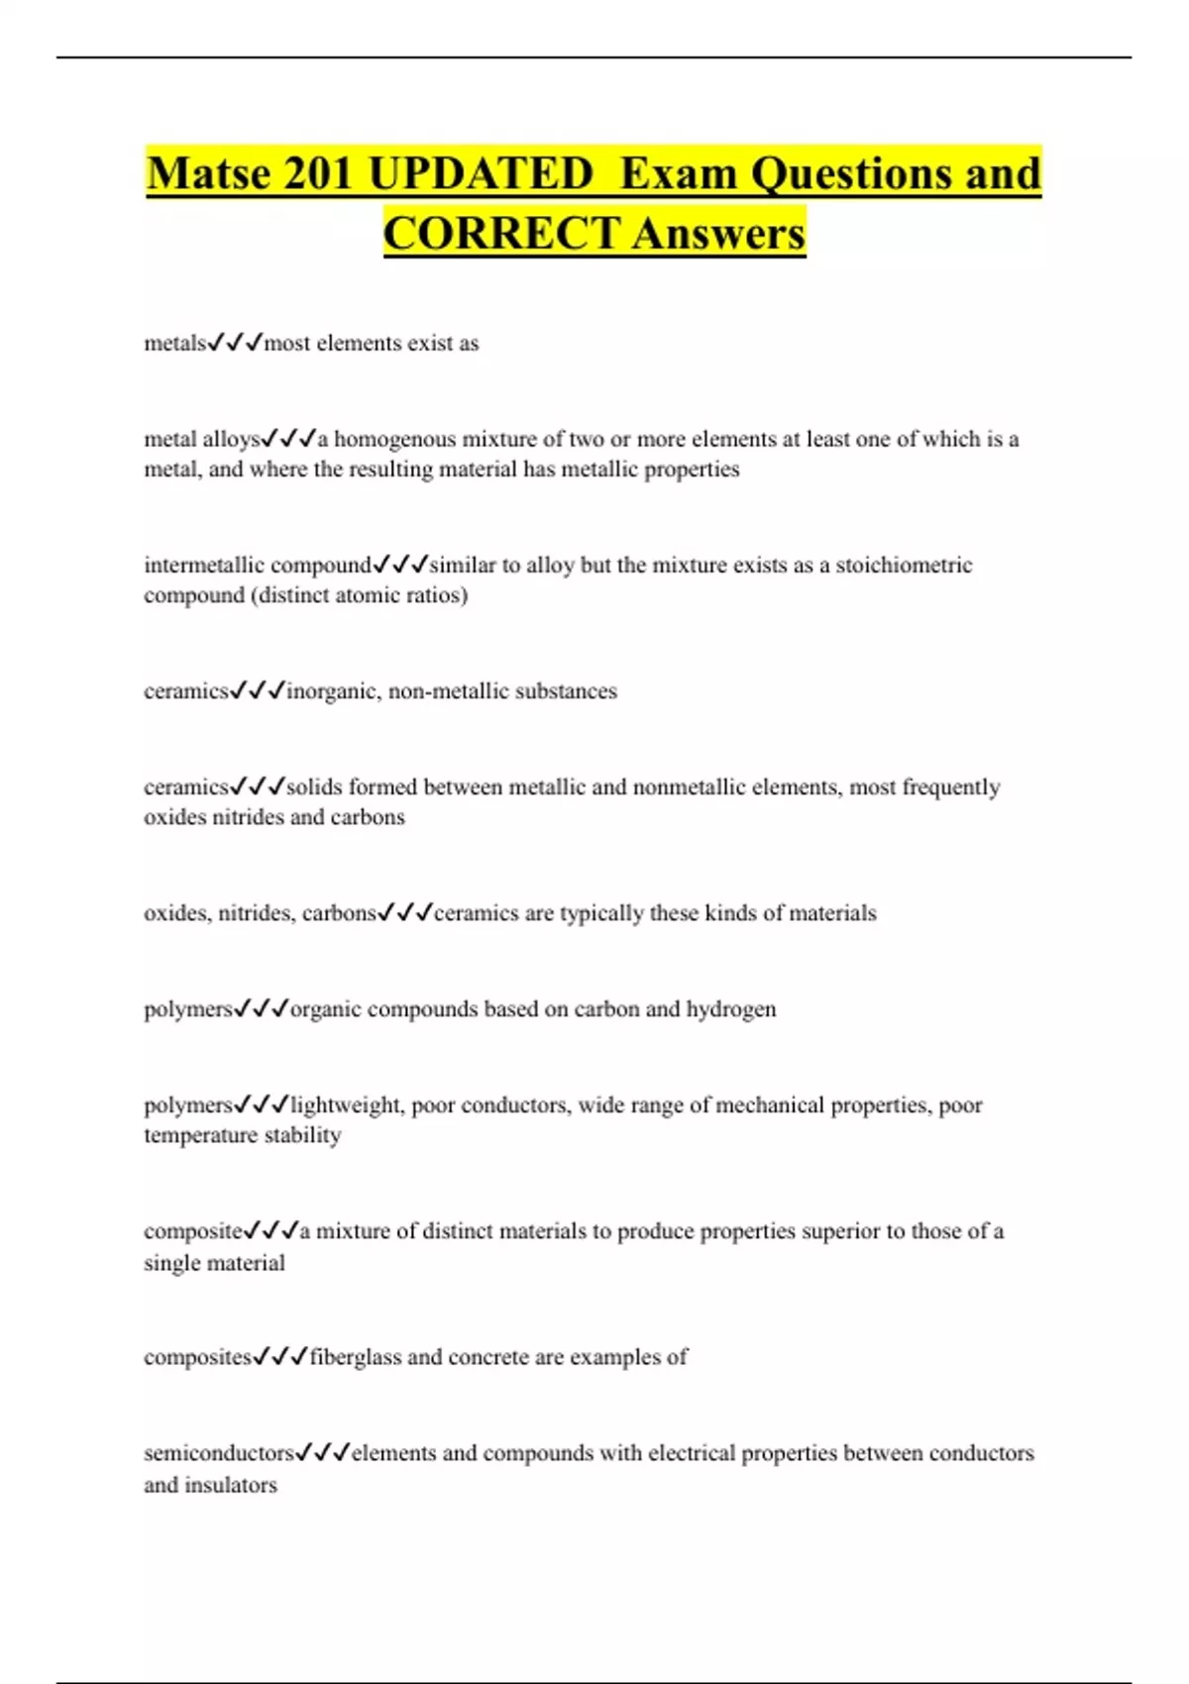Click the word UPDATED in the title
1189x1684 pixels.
[481, 173]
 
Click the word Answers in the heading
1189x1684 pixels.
[719, 234]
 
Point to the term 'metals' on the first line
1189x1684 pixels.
[174, 344]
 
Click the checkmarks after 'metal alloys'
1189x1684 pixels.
[288, 438]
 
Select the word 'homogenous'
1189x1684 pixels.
[394, 439]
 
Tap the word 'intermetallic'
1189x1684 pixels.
[204, 566]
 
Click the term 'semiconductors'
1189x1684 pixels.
[219, 1453]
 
